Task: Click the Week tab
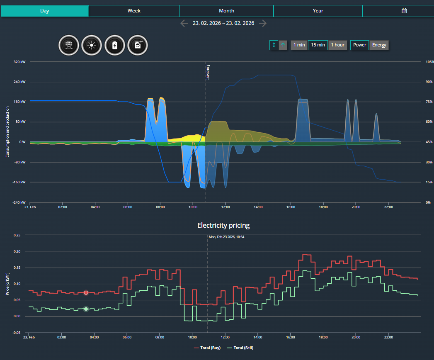134,11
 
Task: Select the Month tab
226,11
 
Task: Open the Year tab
318,11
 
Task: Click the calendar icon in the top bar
404,11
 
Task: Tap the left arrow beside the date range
184,23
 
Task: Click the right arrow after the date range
263,23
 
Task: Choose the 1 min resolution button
299,45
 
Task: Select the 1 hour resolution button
338,45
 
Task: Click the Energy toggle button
379,45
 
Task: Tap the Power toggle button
359,45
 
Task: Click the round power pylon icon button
69,45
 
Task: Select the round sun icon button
92,45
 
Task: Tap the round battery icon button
114,45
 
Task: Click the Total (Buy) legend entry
207,348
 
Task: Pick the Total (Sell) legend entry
240,348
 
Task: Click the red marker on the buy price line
86,293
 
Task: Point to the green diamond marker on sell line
86,309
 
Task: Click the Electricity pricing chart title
223,226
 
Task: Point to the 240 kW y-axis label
19,82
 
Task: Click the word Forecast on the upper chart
208,72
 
